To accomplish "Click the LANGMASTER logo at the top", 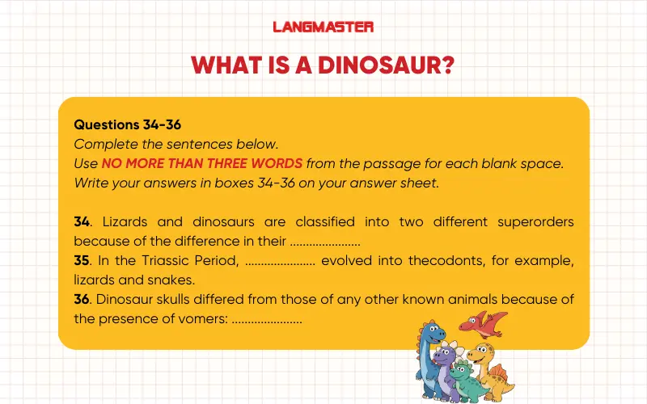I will tap(323, 27).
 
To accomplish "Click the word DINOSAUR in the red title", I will tap(375, 64).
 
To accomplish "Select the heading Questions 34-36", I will tap(127, 125).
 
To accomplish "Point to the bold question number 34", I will tap(81, 221).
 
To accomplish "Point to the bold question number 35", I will tap(81, 261).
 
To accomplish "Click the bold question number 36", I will tap(81, 300).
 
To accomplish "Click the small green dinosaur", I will tap(463, 378).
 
